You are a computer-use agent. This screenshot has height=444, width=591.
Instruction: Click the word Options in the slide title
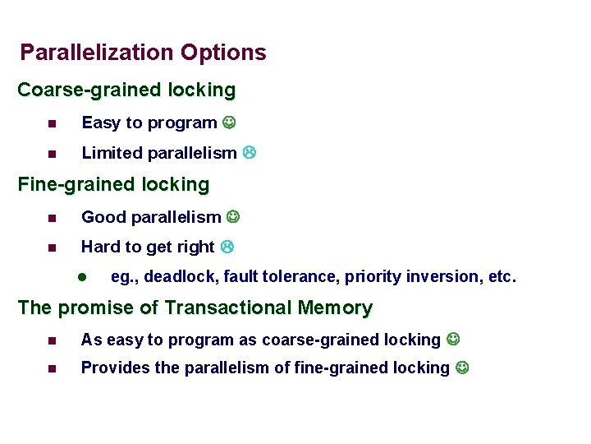coord(223,53)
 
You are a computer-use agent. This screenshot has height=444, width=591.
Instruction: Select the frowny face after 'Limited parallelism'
coord(249,152)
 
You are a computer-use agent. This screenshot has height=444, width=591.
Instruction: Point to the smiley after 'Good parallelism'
coord(233,217)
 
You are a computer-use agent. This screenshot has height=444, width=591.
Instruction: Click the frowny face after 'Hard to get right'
coord(227,247)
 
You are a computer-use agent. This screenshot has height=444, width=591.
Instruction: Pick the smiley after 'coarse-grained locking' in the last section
coord(453,339)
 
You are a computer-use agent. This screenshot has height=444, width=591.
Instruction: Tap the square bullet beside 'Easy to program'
coord(52,124)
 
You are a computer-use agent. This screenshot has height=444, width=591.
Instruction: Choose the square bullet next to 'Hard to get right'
coord(52,247)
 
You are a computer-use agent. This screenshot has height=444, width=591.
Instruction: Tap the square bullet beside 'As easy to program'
coord(52,340)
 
